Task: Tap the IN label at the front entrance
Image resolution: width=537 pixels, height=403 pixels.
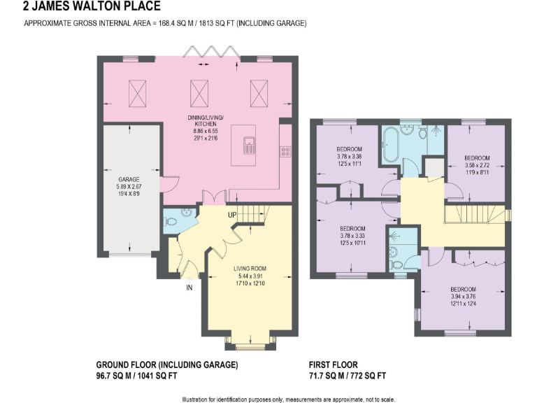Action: pyautogui.click(x=189, y=287)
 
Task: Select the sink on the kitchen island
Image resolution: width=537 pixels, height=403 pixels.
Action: pyautogui.click(x=250, y=145)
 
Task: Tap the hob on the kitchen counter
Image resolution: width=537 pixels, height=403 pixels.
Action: pyautogui.click(x=285, y=150)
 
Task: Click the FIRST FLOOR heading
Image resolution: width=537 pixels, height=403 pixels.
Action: pyautogui.click(x=333, y=365)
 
